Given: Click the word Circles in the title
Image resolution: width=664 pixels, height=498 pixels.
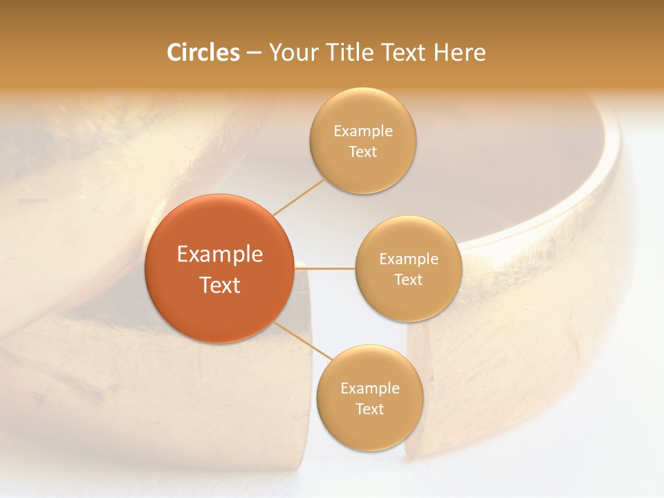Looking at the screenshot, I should click(203, 53).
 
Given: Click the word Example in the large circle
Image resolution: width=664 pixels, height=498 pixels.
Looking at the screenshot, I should click(220, 255).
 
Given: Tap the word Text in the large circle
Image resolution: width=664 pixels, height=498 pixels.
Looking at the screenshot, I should click(220, 285).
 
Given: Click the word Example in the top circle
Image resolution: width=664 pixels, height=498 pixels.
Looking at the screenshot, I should click(363, 131).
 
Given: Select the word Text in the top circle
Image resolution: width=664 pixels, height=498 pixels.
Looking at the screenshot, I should click(363, 152).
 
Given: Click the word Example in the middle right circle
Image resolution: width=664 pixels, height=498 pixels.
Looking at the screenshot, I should click(409, 259).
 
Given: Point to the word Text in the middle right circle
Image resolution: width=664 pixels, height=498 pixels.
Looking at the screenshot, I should click(409, 280).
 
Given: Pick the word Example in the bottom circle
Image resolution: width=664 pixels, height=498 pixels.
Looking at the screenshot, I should click(370, 389).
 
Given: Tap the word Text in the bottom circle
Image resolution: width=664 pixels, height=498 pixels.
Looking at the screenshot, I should click(369, 409).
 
